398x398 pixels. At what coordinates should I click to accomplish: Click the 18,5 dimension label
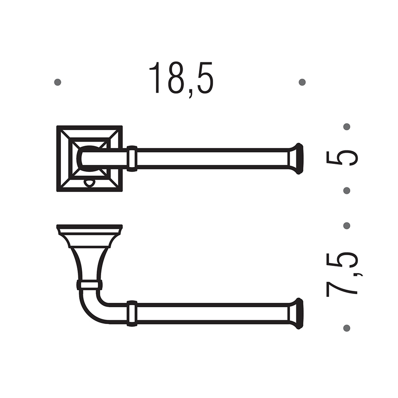tap(181, 79)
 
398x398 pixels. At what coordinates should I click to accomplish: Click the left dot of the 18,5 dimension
tap(58, 82)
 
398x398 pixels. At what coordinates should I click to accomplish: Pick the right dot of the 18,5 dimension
tap(302, 82)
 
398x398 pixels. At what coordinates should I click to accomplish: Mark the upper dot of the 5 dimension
tap(347, 126)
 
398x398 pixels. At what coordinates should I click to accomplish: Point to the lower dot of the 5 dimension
tap(347, 191)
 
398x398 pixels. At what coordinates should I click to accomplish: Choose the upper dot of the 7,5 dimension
tap(347, 226)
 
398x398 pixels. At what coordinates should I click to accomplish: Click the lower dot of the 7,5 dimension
tap(347, 327)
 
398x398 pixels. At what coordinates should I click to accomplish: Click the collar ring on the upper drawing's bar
tap(132, 158)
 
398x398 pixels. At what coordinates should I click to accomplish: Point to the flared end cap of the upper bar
tap(296, 158)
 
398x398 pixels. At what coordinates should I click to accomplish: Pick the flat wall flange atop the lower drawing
tap(89, 229)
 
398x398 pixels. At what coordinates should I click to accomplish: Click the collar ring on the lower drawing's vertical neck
tap(89, 284)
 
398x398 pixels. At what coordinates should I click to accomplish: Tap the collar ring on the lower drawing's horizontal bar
tap(132, 313)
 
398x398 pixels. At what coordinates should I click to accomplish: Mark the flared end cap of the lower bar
tap(296, 313)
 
